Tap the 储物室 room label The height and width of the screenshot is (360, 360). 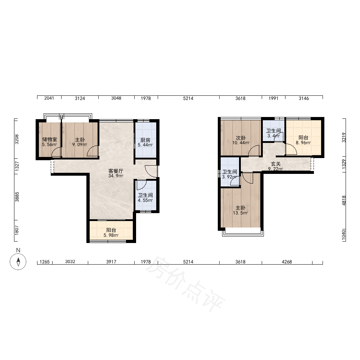coord(49,139)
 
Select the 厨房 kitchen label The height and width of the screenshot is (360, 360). coord(145,140)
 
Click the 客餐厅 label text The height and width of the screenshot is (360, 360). coord(116,171)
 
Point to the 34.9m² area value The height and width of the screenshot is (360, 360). coord(116,176)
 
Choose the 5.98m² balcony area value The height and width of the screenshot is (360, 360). coord(111,235)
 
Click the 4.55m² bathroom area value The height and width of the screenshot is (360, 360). coord(145,200)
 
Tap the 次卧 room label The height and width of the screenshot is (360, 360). coord(240,138)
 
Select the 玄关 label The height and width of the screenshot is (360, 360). coord(275,164)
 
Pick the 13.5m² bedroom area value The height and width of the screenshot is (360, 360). coord(240,213)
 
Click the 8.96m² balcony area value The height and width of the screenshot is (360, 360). coord(303,143)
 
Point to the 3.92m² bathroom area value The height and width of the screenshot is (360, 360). coord(230,177)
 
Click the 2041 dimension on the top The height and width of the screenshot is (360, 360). coord(49,98)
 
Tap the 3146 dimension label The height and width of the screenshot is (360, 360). coord(304,98)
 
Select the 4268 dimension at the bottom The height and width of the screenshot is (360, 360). coord(287,262)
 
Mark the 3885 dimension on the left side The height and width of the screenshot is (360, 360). coord(17,197)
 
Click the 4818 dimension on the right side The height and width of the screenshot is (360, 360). coord(344,200)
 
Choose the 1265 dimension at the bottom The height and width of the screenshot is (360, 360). coord(45,262)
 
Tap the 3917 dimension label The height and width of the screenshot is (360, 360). coord(111,262)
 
